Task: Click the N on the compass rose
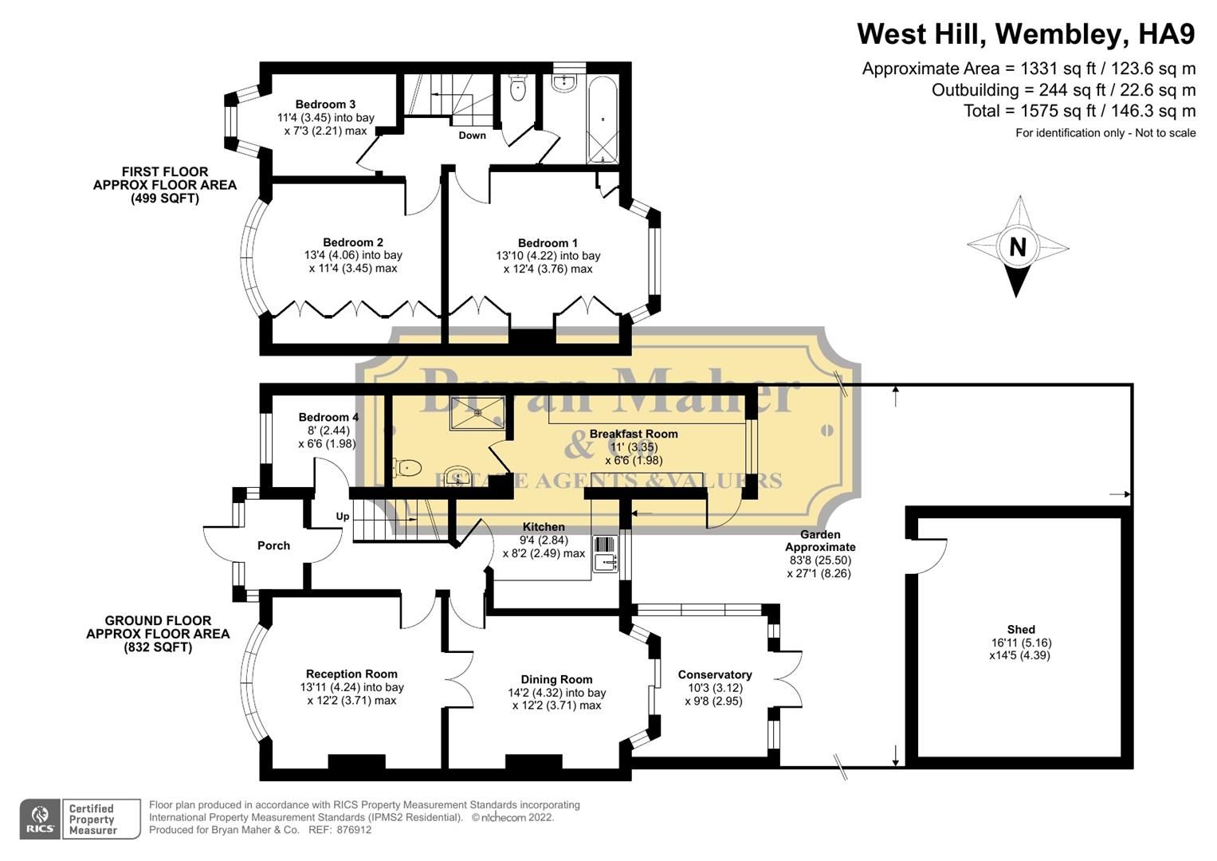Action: pyautogui.click(x=1017, y=247)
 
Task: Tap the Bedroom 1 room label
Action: pyautogui.click(x=548, y=243)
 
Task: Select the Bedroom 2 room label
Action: pyautogui.click(x=353, y=242)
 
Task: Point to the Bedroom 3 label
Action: pyautogui.click(x=325, y=104)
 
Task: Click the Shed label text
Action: pyautogui.click(x=1021, y=629)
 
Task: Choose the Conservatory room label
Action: pyautogui.click(x=714, y=674)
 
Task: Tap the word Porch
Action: pyautogui.click(x=273, y=546)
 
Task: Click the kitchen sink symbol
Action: pyautogui.click(x=606, y=552)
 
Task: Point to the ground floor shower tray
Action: pyautogui.click(x=477, y=412)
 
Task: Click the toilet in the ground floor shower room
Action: pyautogui.click(x=407, y=467)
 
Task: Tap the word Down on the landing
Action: pyautogui.click(x=472, y=136)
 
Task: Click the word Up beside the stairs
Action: pyautogui.click(x=343, y=517)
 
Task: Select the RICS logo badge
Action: pyautogui.click(x=40, y=819)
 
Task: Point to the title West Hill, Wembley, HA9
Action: pyautogui.click(x=1026, y=34)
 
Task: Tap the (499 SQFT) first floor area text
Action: pyautogui.click(x=165, y=199)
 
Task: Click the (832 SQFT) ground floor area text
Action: pyautogui.click(x=158, y=647)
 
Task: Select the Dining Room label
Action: pyautogui.click(x=556, y=679)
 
